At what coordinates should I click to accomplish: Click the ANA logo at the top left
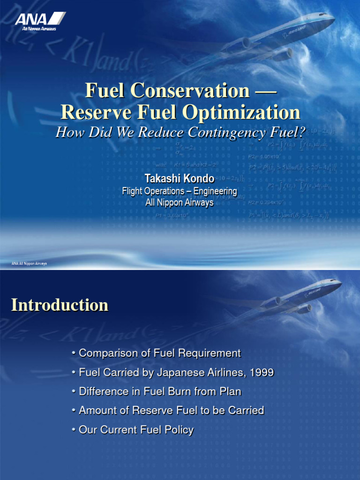coord(40,21)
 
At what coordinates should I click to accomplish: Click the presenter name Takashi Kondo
coord(180,179)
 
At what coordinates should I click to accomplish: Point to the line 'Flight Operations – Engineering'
coord(180,191)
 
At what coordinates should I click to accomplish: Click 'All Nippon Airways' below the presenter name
coord(180,202)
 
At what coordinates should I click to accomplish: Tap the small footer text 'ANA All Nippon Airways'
coord(29,264)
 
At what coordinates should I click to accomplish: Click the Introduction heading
coord(60,305)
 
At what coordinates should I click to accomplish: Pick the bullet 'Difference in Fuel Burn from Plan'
coord(160,391)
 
